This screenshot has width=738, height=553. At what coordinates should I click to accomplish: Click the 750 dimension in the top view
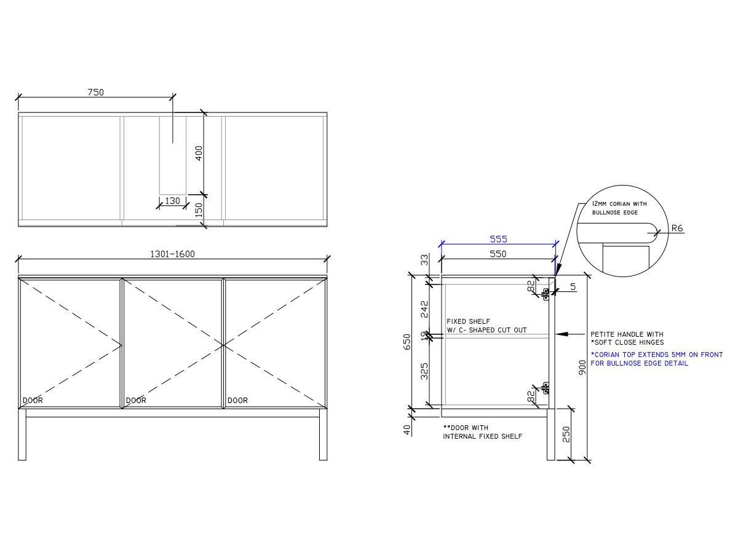95,92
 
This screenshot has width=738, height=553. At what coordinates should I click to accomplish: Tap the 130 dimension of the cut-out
173,201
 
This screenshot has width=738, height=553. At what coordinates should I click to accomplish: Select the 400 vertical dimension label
199,153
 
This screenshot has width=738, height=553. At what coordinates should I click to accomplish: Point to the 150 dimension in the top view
199,210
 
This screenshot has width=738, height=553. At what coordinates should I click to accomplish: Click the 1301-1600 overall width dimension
172,254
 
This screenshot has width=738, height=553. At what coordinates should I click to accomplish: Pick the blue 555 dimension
498,239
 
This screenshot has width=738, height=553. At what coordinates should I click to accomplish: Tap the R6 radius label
677,228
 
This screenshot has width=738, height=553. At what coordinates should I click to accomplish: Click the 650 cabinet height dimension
407,342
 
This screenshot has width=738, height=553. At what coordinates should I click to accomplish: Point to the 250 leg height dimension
567,434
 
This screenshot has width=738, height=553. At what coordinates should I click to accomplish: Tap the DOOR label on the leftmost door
33,400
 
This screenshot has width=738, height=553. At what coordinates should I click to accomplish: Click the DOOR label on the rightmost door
237,400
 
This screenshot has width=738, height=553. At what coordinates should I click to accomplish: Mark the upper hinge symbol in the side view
545,293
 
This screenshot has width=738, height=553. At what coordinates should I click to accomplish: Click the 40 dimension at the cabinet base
407,430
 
